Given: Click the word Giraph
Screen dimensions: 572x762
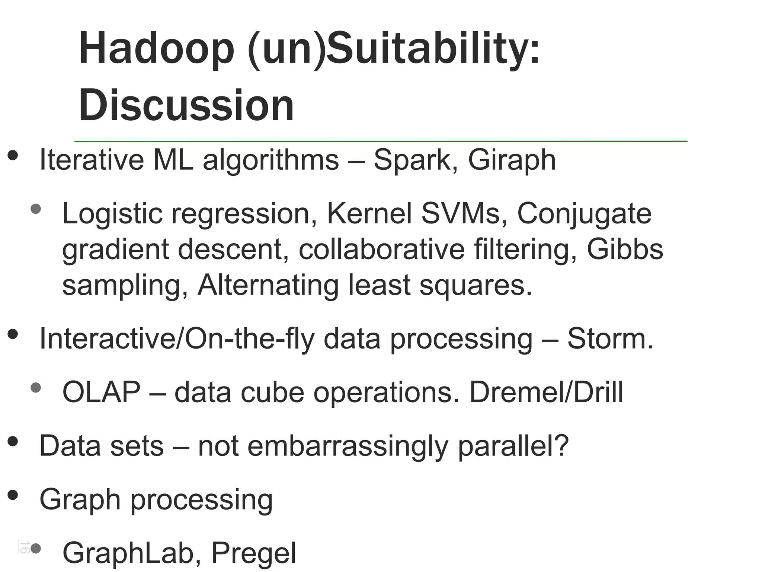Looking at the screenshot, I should click(512, 160).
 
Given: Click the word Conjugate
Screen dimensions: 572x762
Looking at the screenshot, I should click(584, 214).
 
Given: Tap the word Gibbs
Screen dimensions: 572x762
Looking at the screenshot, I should click(625, 249).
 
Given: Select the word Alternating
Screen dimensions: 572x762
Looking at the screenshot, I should click(268, 285).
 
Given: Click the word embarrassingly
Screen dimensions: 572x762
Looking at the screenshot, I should click(348, 446).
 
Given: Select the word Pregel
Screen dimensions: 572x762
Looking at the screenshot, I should click(254, 553).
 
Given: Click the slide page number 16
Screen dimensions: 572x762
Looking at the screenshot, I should click(25, 547).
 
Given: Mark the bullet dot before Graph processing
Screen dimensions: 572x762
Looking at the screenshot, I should click(13, 495).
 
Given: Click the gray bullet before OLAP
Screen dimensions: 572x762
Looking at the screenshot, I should click(36, 388).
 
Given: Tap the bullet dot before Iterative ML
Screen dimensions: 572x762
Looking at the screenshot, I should click(13, 156).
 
